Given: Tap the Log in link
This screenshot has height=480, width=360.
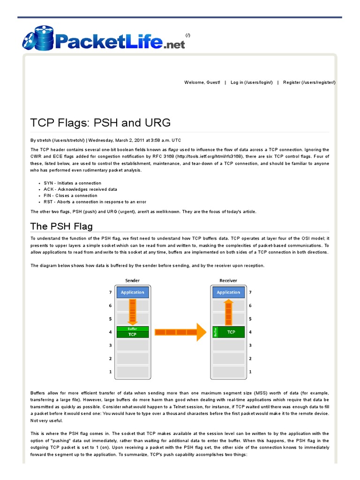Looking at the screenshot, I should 252,82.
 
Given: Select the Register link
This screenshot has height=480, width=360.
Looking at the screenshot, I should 309,82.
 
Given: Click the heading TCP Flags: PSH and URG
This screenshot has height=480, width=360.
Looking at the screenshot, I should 100,123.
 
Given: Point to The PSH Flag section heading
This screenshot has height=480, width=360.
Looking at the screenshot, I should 61,226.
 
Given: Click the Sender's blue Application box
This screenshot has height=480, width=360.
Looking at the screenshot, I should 133,292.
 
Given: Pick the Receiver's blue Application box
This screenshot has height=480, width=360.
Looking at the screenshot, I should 228,292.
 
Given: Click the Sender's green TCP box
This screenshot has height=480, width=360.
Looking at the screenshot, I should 133,335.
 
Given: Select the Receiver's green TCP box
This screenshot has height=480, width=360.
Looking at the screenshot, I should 231,332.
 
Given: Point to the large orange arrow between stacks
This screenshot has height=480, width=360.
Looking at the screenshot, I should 180,332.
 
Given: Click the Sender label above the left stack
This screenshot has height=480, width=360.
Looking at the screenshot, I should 132,281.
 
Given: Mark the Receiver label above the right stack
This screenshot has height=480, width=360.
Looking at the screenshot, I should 228,281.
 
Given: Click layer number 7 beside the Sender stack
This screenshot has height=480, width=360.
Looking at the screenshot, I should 111,292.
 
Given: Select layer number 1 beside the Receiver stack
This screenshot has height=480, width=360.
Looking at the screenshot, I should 250,372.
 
